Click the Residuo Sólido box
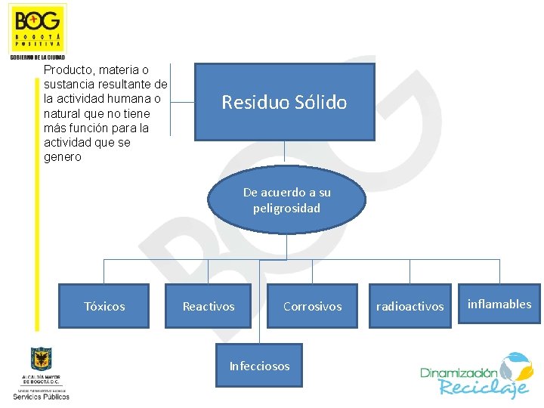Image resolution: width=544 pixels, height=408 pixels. pos(284,102)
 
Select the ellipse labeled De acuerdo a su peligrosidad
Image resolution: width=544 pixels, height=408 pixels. pos(286,200)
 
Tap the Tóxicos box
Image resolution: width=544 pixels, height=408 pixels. pos(104,306)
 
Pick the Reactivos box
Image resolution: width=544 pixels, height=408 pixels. pos(209,306)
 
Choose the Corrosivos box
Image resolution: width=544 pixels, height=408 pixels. pos(312,306)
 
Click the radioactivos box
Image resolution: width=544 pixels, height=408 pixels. pos(410,306)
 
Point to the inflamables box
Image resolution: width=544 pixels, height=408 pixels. pos(499,304)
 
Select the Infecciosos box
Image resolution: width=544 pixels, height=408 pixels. pos(259,366)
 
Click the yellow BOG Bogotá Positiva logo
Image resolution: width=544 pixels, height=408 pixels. pos(38,29)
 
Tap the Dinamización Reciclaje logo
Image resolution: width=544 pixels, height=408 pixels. pos(476,376)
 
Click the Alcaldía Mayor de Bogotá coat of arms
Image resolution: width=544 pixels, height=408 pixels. pos(41,359)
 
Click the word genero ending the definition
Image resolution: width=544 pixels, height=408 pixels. pos(63,157)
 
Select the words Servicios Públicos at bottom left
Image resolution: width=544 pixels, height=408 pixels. pos(41,396)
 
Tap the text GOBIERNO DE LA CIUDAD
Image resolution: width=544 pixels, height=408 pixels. pos(38,57)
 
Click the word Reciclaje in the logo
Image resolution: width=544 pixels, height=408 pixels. pos(484,388)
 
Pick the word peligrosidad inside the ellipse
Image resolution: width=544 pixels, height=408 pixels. pos(286,208)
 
